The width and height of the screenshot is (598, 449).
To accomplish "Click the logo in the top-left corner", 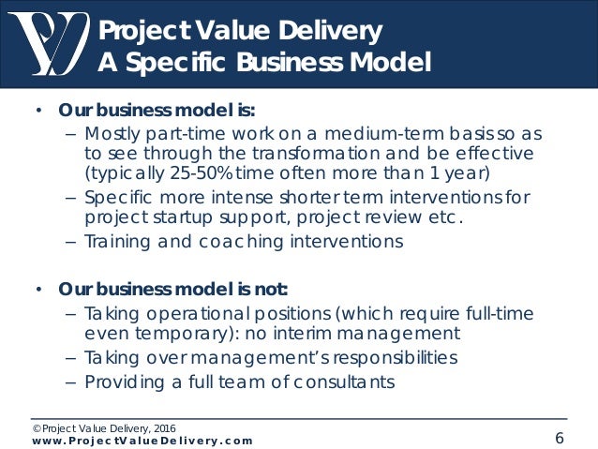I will [x=48, y=42].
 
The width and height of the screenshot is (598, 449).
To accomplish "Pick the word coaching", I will [x=234, y=241].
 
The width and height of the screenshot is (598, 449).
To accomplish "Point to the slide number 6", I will [x=559, y=438].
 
